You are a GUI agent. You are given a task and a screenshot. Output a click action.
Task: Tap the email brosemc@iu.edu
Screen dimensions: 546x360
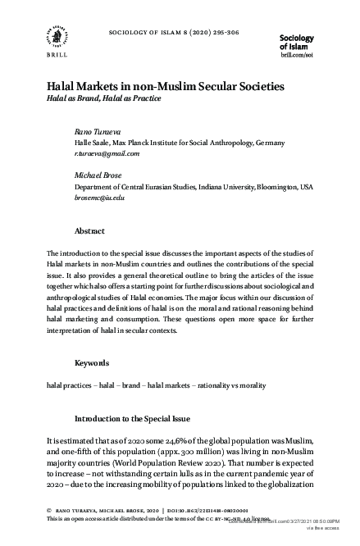(x=99, y=198)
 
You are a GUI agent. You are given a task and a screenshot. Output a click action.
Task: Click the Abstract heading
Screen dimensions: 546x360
(x=89, y=231)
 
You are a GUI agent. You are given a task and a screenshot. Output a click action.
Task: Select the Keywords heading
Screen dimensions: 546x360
(x=92, y=362)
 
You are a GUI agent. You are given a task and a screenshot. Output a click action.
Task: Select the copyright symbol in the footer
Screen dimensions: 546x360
(x=50, y=508)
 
